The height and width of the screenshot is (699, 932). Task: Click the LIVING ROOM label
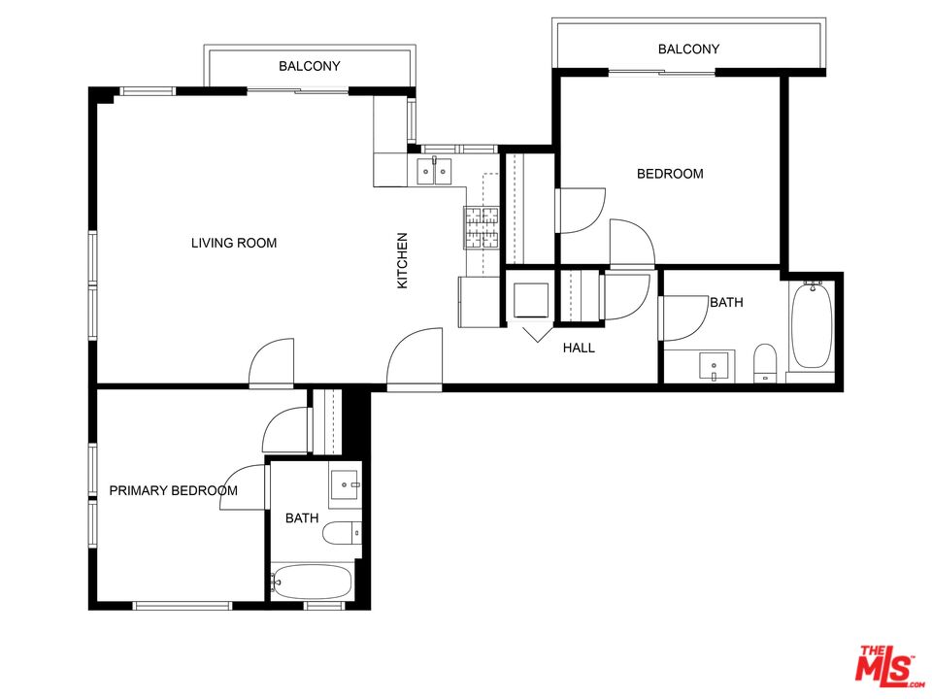tap(233, 243)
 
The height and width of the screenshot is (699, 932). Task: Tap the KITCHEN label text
tap(402, 260)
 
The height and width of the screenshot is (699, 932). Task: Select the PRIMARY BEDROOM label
tap(173, 490)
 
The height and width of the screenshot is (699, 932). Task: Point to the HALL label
tap(579, 348)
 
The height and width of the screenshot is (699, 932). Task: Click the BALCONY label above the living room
tap(309, 66)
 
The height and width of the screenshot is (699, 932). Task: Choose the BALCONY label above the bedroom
tap(688, 49)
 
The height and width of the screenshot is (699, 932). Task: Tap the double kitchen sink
tap(434, 172)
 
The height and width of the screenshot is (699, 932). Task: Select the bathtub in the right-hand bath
tap(811, 325)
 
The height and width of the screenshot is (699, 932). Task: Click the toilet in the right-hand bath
tap(766, 361)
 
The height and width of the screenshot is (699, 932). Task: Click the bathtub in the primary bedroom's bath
tap(311, 582)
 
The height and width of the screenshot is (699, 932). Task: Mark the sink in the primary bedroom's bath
tap(346, 483)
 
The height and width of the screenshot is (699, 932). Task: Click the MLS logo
tap(884, 666)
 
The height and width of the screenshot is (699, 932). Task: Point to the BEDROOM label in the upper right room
tap(670, 174)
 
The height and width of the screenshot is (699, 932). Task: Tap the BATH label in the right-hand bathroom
tap(726, 302)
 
